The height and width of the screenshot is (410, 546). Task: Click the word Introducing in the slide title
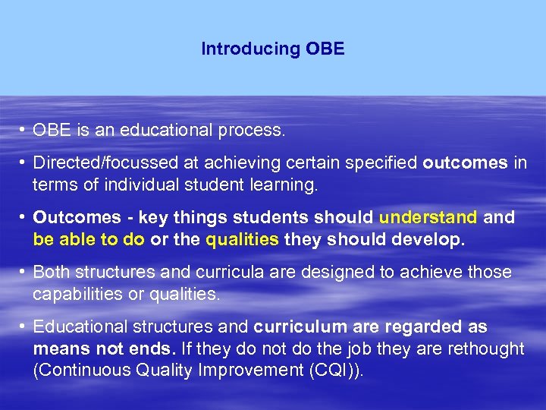[251, 49]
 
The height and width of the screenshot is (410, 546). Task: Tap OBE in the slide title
[325, 49]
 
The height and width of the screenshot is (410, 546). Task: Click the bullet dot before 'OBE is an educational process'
[24, 131]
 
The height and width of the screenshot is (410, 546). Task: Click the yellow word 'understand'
[428, 218]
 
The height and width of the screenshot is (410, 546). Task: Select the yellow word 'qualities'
[242, 239]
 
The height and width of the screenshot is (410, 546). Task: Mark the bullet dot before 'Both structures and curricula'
[24, 272]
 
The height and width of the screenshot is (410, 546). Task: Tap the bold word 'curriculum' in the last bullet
[297, 327]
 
